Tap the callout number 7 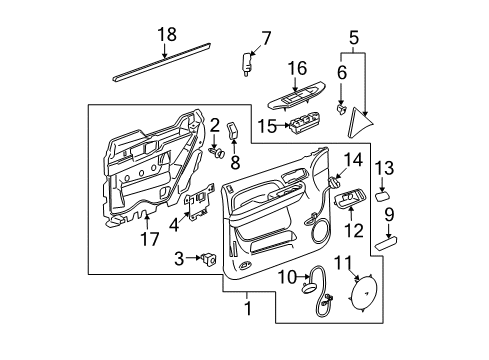pyautogui.click(x=266, y=40)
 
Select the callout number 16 pyautogui.click(x=297, y=69)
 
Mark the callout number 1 pyautogui.click(x=247, y=311)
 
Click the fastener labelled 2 pyautogui.click(x=216, y=154)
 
